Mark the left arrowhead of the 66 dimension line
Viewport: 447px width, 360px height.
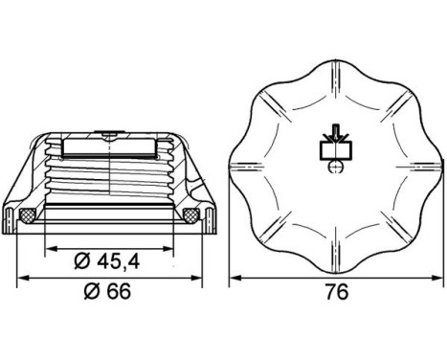[x=24, y=279]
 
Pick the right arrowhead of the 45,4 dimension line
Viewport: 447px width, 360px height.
[x=175, y=245]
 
